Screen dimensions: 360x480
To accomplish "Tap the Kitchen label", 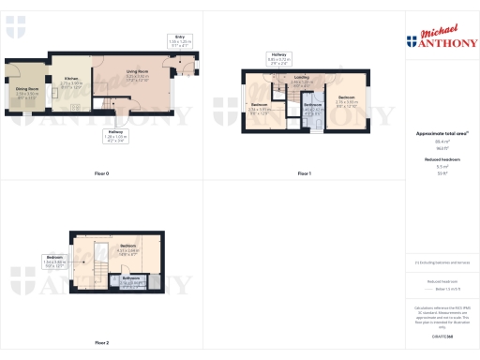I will (70, 82).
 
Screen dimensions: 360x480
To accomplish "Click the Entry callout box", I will (179, 41).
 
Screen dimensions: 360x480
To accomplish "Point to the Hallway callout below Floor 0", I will (115, 135).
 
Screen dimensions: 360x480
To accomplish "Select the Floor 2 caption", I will (102, 343).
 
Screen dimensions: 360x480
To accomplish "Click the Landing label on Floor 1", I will (301, 80).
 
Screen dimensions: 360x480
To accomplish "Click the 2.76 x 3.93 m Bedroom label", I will (346, 99).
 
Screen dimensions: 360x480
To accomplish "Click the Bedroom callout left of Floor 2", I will (54, 259).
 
